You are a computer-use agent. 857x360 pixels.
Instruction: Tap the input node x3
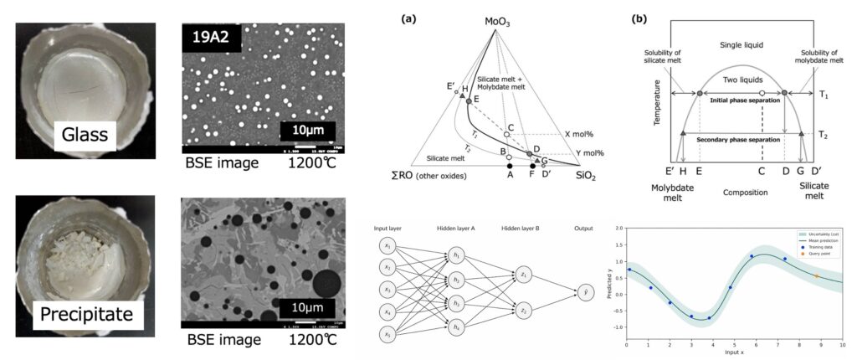pos(387,289)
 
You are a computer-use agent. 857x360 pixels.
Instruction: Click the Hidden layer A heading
pos(455,228)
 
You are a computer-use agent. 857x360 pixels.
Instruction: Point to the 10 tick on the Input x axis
pos(842,343)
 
